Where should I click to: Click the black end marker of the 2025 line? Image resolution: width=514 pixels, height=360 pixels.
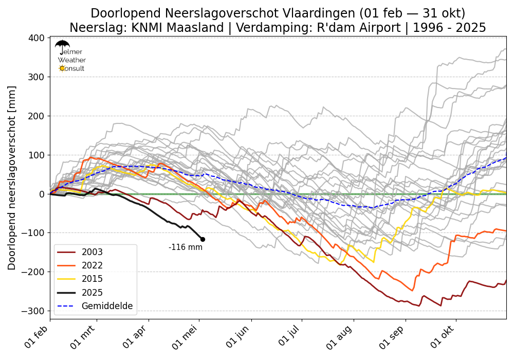click(x=203, y=239)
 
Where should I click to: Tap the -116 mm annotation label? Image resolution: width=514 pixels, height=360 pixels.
click(x=186, y=247)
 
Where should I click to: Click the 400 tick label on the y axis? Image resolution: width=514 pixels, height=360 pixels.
click(x=36, y=38)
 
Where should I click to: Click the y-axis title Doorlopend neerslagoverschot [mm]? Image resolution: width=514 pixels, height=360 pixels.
click(x=12, y=178)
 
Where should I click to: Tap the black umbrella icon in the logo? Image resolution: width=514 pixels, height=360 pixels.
click(x=62, y=46)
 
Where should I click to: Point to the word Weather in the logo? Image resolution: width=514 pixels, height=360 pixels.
click(x=72, y=60)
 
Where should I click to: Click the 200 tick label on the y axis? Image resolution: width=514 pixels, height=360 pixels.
click(x=36, y=116)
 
